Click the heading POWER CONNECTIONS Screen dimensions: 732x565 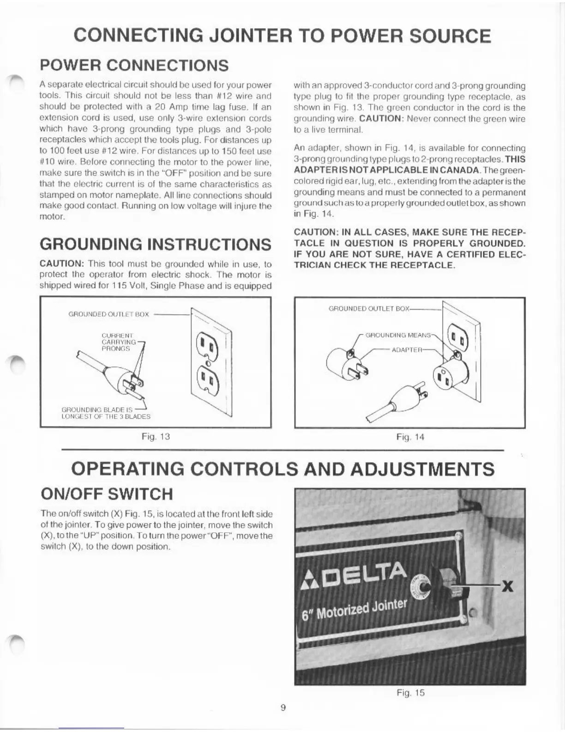pyautogui.click(x=134, y=65)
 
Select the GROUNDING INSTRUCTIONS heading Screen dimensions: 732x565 pyautogui.click(x=156, y=244)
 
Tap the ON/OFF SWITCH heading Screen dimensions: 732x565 pyautogui.click(x=107, y=494)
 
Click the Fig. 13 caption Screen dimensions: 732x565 pyautogui.click(x=156, y=436)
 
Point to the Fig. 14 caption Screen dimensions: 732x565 pyautogui.click(x=410, y=437)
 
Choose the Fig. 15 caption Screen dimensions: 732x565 pyautogui.click(x=410, y=693)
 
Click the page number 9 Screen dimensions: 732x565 pyautogui.click(x=283, y=708)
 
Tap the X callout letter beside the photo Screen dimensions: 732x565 pyautogui.click(x=507, y=587)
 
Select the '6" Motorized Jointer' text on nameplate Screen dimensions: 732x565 pyautogui.click(x=355, y=612)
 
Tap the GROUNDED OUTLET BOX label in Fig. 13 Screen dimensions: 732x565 pyautogui.click(x=108, y=314)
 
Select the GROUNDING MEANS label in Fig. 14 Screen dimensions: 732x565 pyautogui.click(x=398, y=335)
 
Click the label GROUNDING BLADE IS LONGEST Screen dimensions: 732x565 pyautogui.click(x=105, y=413)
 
